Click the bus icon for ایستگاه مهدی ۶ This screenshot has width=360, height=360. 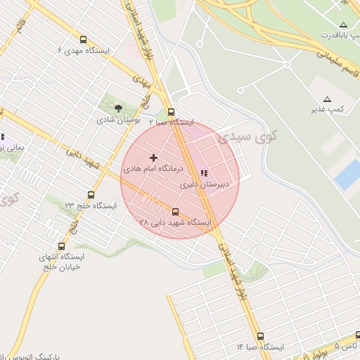[84, 40]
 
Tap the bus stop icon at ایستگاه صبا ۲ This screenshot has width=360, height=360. [171, 111]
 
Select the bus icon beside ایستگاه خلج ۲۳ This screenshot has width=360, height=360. [91, 195]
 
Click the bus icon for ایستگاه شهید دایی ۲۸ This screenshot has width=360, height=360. [175, 212]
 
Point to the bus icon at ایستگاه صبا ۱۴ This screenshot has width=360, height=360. [261, 336]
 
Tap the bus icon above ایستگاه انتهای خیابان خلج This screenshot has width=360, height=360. [61, 246]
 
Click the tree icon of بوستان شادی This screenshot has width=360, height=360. [117, 108]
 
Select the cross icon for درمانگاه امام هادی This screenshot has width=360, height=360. [154, 158]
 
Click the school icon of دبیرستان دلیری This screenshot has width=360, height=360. [205, 174]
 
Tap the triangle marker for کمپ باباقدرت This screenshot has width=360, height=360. [343, 25]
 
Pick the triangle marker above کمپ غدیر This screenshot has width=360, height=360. [328, 98]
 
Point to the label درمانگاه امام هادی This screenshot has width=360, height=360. [153, 169]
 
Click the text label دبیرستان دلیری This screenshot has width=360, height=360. [198, 186]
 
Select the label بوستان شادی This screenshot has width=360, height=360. [117, 120]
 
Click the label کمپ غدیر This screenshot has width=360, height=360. [328, 109]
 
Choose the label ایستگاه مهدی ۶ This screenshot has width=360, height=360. [84, 51]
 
